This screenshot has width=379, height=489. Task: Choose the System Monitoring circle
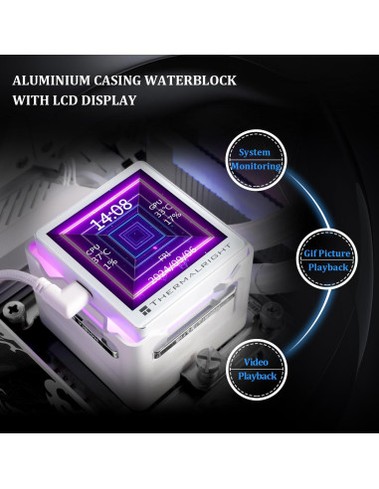[x=253, y=160]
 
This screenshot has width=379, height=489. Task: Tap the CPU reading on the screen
[x=99, y=260]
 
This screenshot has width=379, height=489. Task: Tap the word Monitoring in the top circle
[x=253, y=167]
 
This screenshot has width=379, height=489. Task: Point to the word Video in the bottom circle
[x=253, y=364]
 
